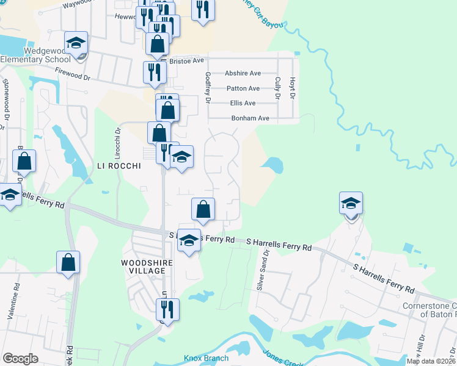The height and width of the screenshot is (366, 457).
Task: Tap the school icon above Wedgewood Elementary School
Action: click(x=76, y=44)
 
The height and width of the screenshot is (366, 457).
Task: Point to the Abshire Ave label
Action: click(x=243, y=73)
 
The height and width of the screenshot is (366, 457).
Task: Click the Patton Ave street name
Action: click(x=243, y=88)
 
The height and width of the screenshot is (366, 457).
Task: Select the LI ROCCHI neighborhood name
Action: click(x=119, y=166)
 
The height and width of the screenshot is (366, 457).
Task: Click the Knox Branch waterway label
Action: click(x=207, y=358)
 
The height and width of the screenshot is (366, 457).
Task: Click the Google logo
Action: click(x=20, y=359)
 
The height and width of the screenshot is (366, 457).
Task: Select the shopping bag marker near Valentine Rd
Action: click(x=68, y=262)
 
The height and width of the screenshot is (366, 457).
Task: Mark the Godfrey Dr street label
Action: click(x=208, y=87)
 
